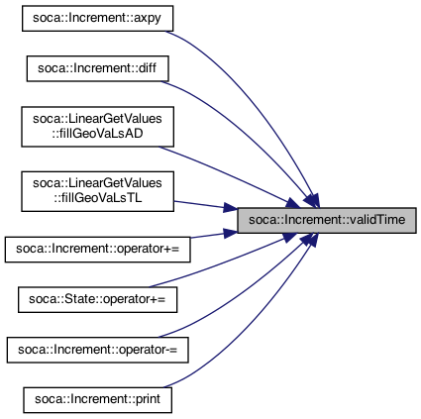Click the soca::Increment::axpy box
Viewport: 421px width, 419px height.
coord(97,19)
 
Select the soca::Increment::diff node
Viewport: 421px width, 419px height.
coord(97,68)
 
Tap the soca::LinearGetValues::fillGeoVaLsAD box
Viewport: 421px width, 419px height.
coord(97,127)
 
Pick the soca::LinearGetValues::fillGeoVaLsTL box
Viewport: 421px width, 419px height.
coord(97,191)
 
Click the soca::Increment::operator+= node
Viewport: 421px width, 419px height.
coord(97,250)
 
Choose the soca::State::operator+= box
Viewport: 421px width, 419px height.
coord(97,300)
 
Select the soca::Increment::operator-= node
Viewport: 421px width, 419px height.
coord(97,350)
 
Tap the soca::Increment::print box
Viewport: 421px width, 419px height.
coord(97,400)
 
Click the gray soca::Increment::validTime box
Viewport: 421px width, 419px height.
coord(327,220)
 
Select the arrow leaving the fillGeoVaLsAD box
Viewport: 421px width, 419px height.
coord(228,176)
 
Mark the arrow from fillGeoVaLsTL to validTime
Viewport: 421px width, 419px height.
coord(205,205)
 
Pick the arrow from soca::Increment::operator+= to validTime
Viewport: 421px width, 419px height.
coord(213,235)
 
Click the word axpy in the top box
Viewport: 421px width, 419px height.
coord(148,19)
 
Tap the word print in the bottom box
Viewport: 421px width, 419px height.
coord(148,399)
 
